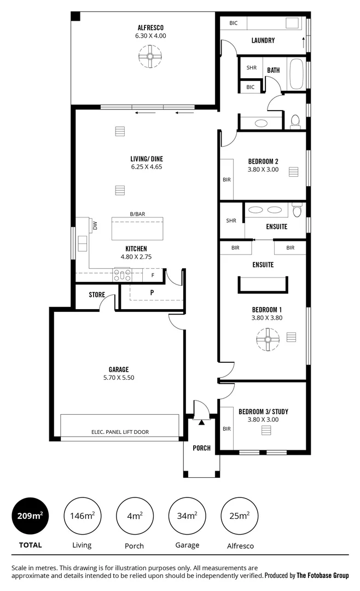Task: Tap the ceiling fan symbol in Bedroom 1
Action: coord(268,339)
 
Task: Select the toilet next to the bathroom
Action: coord(295,121)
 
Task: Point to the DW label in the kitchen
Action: coord(95,225)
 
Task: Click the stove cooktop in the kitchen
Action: coord(122,274)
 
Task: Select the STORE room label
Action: coord(97,295)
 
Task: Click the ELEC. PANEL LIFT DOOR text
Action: coord(120,432)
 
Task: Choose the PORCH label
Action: coord(201,448)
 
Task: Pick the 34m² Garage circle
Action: coord(187,515)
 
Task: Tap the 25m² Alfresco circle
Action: coord(240,515)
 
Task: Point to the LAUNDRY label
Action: coord(263,40)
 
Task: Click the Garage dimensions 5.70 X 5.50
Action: coord(119,378)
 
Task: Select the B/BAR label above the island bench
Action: coord(137,214)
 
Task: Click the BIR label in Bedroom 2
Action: coord(227,179)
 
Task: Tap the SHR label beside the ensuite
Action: coord(231,221)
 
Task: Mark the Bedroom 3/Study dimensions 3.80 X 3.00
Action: coord(264,420)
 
